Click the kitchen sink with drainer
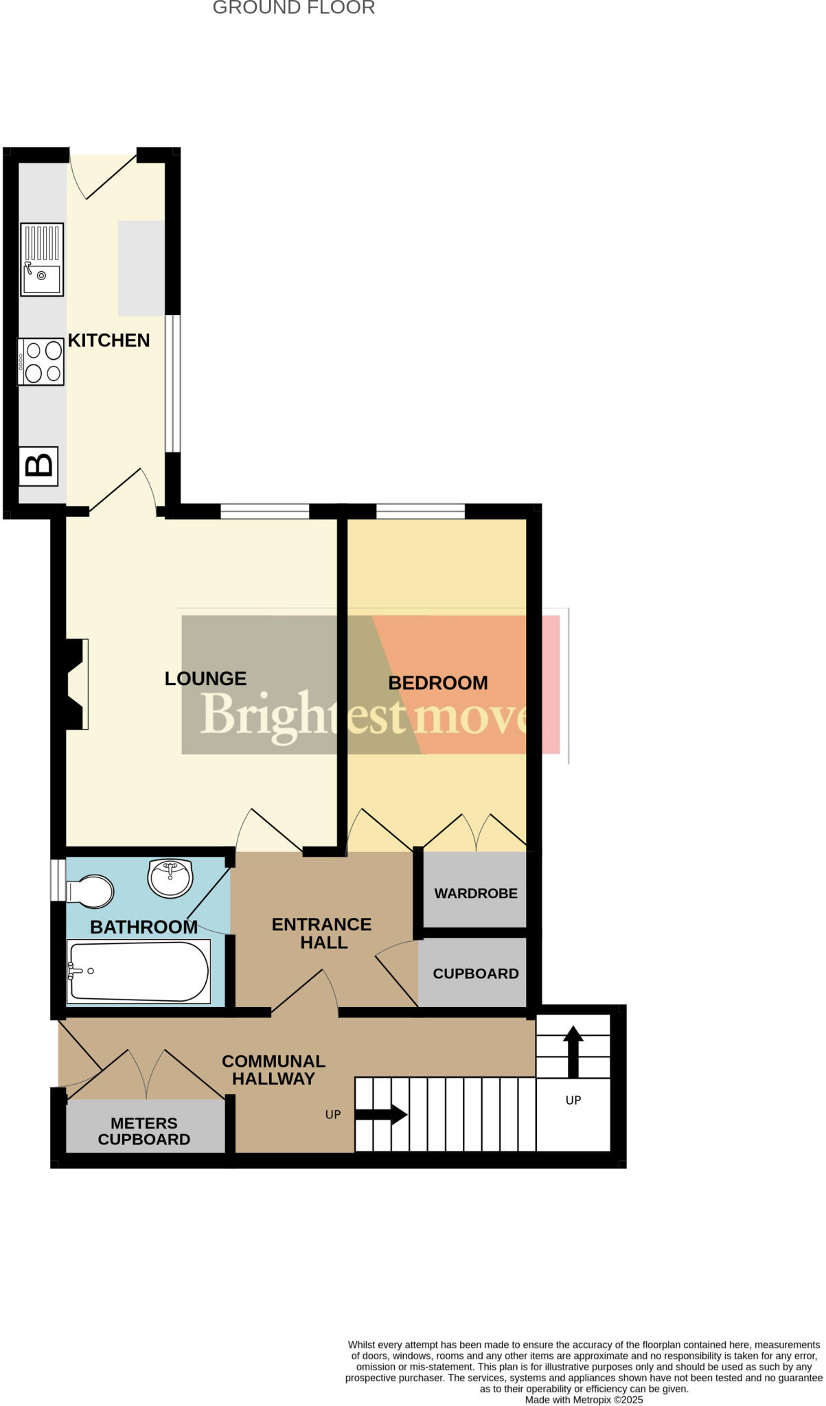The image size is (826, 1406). click(42, 260)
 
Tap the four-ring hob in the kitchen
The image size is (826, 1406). click(41, 362)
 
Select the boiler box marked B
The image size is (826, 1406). click(38, 466)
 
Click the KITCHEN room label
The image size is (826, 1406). click(108, 341)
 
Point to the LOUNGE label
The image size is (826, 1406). click(205, 679)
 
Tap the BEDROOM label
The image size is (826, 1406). click(438, 683)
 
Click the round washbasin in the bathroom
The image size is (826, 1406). click(170, 877)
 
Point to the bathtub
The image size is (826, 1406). click(138, 971)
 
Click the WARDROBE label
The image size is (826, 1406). click(475, 893)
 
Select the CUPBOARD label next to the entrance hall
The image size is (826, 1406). click(475, 973)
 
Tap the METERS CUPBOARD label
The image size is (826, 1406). click(144, 1131)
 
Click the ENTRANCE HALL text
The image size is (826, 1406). click(322, 934)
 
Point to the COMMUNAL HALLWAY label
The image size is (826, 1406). click(273, 1070)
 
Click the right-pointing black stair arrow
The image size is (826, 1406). click(381, 1114)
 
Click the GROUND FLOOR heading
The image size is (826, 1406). click(293, 8)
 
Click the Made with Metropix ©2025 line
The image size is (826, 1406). click(584, 1400)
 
